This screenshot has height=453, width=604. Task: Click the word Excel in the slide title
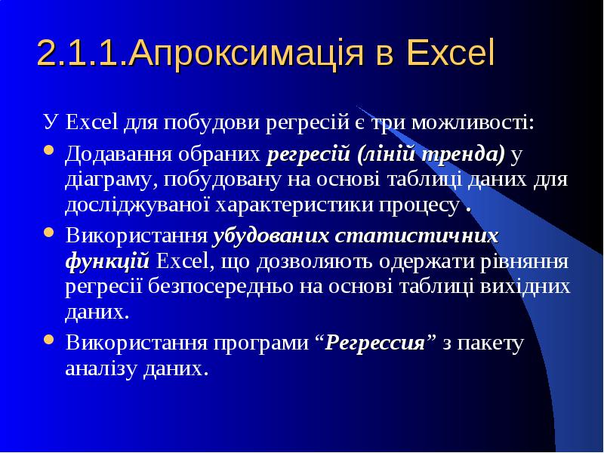pyautogui.click(x=450, y=52)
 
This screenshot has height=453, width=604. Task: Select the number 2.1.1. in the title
pyautogui.click(x=82, y=52)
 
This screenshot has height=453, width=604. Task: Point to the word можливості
pyautogui.click(x=473, y=122)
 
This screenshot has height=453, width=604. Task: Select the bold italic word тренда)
pyautogui.click(x=463, y=155)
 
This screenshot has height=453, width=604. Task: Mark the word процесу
pyautogui.click(x=419, y=205)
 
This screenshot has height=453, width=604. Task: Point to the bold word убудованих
pyautogui.click(x=271, y=236)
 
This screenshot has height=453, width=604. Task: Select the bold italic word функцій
pyautogui.click(x=107, y=261)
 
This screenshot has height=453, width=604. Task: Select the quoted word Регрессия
pyautogui.click(x=374, y=343)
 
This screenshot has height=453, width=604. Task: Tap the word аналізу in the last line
pyautogui.click(x=101, y=368)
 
